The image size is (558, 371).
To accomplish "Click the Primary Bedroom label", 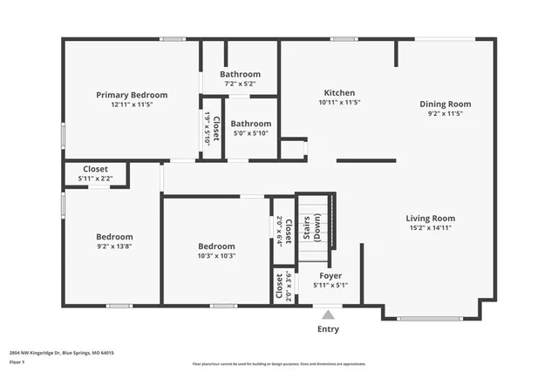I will [x=132, y=95].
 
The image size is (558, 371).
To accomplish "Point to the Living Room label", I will [x=430, y=219].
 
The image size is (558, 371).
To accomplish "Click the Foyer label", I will [x=330, y=275].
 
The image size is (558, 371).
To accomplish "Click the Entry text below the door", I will [x=328, y=329].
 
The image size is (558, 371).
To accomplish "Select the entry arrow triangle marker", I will [x=328, y=314].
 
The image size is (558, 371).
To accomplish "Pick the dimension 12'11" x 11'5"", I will [x=132, y=105].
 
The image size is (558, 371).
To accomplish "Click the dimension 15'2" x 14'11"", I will [x=430, y=228].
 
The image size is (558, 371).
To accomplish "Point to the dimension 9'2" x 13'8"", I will [x=114, y=246].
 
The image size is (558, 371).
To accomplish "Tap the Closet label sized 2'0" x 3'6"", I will [x=280, y=287].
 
